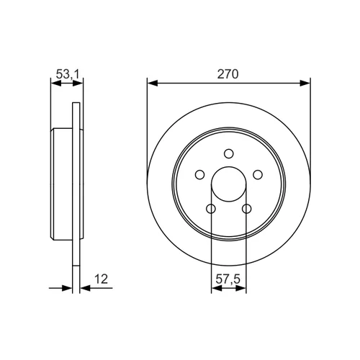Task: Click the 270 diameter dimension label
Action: pos(228,74)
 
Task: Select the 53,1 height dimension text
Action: pos(68,74)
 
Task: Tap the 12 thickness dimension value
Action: pos(101,279)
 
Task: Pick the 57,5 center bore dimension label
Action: pos(228,279)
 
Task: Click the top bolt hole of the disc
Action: pos(229,153)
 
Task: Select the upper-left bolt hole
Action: pos(199,175)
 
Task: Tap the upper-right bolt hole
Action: pos(258,175)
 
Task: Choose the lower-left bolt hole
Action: pos(211,209)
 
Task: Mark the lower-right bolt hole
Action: pos(247,209)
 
